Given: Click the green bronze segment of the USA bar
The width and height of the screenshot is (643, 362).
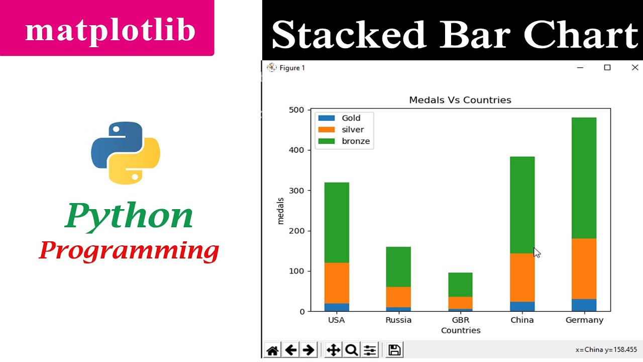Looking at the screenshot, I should [337, 222].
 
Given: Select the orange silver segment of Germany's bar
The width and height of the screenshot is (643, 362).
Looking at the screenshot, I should [584, 268].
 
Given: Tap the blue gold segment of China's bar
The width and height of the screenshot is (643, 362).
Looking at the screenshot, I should [522, 306].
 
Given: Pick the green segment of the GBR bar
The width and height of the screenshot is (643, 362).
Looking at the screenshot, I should [460, 285].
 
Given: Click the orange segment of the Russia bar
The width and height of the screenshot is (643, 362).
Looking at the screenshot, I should [398, 297].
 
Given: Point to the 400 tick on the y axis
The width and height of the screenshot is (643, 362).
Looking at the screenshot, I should [296, 150].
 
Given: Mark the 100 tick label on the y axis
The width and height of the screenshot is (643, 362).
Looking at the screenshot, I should [296, 271].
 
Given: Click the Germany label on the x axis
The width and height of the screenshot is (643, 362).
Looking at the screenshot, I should [584, 320].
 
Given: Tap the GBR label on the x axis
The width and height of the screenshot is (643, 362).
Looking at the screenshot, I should [460, 320].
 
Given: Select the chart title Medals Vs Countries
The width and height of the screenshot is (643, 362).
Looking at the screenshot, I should [460, 100].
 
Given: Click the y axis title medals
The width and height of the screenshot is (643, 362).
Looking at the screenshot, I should [281, 211].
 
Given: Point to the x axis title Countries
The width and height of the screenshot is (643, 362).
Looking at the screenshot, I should [460, 331].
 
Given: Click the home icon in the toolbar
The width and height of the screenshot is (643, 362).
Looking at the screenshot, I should [273, 350].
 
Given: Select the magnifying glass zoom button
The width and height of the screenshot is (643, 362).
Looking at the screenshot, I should [351, 350].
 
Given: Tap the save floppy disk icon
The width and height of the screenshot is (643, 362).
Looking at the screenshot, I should [394, 350].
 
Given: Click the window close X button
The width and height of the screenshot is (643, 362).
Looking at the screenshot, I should [634, 68].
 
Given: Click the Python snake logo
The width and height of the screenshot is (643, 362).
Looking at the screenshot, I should [126, 152].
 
